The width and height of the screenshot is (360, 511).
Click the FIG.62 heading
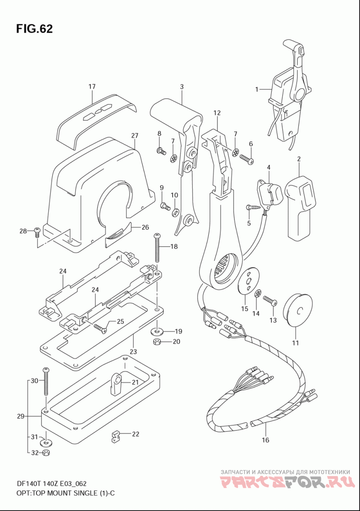coord(34,29)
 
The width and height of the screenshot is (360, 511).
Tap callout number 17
coord(92,86)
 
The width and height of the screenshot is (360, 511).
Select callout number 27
coord(135,136)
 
